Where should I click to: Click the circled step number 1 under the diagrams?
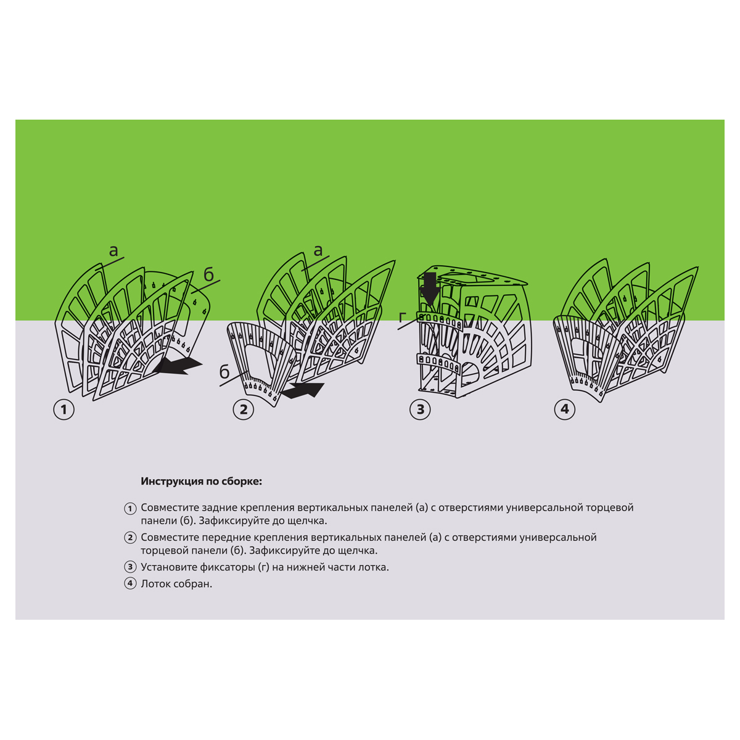pyautogui.click(x=64, y=409)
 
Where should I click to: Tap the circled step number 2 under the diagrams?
pyautogui.click(x=244, y=409)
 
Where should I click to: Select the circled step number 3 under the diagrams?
pyautogui.click(x=420, y=409)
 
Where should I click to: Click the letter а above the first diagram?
pyautogui.click(x=113, y=251)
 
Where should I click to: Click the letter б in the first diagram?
pyautogui.click(x=208, y=274)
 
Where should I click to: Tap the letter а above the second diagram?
pyautogui.click(x=318, y=251)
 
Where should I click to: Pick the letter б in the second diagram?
pyautogui.click(x=224, y=372)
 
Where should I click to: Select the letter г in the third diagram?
pyautogui.click(x=402, y=318)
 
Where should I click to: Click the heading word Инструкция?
pyautogui.click(x=172, y=482)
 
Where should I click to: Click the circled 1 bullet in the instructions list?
pyautogui.click(x=130, y=509)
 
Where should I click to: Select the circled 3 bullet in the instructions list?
pyautogui.click(x=130, y=567)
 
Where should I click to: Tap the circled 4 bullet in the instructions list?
pyautogui.click(x=130, y=584)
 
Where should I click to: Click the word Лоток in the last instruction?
pyautogui.click(x=156, y=584)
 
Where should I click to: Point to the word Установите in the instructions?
pyautogui.click(x=166, y=567)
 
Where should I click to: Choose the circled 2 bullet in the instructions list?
pyautogui.click(x=130, y=537)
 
